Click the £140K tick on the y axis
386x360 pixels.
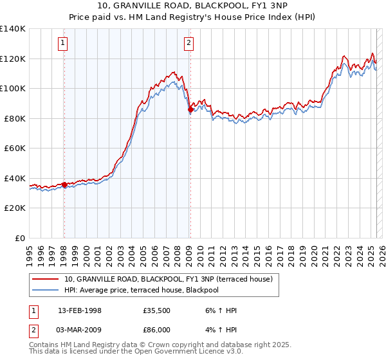point(13,29)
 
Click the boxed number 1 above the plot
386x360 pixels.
point(64,44)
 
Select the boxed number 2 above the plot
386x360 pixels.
point(189,44)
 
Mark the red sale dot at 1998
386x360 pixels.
point(64,185)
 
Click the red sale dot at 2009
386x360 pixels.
point(190,110)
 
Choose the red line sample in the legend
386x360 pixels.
point(46,279)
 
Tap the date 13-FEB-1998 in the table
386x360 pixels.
point(80,310)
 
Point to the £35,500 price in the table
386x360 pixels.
point(156,310)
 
